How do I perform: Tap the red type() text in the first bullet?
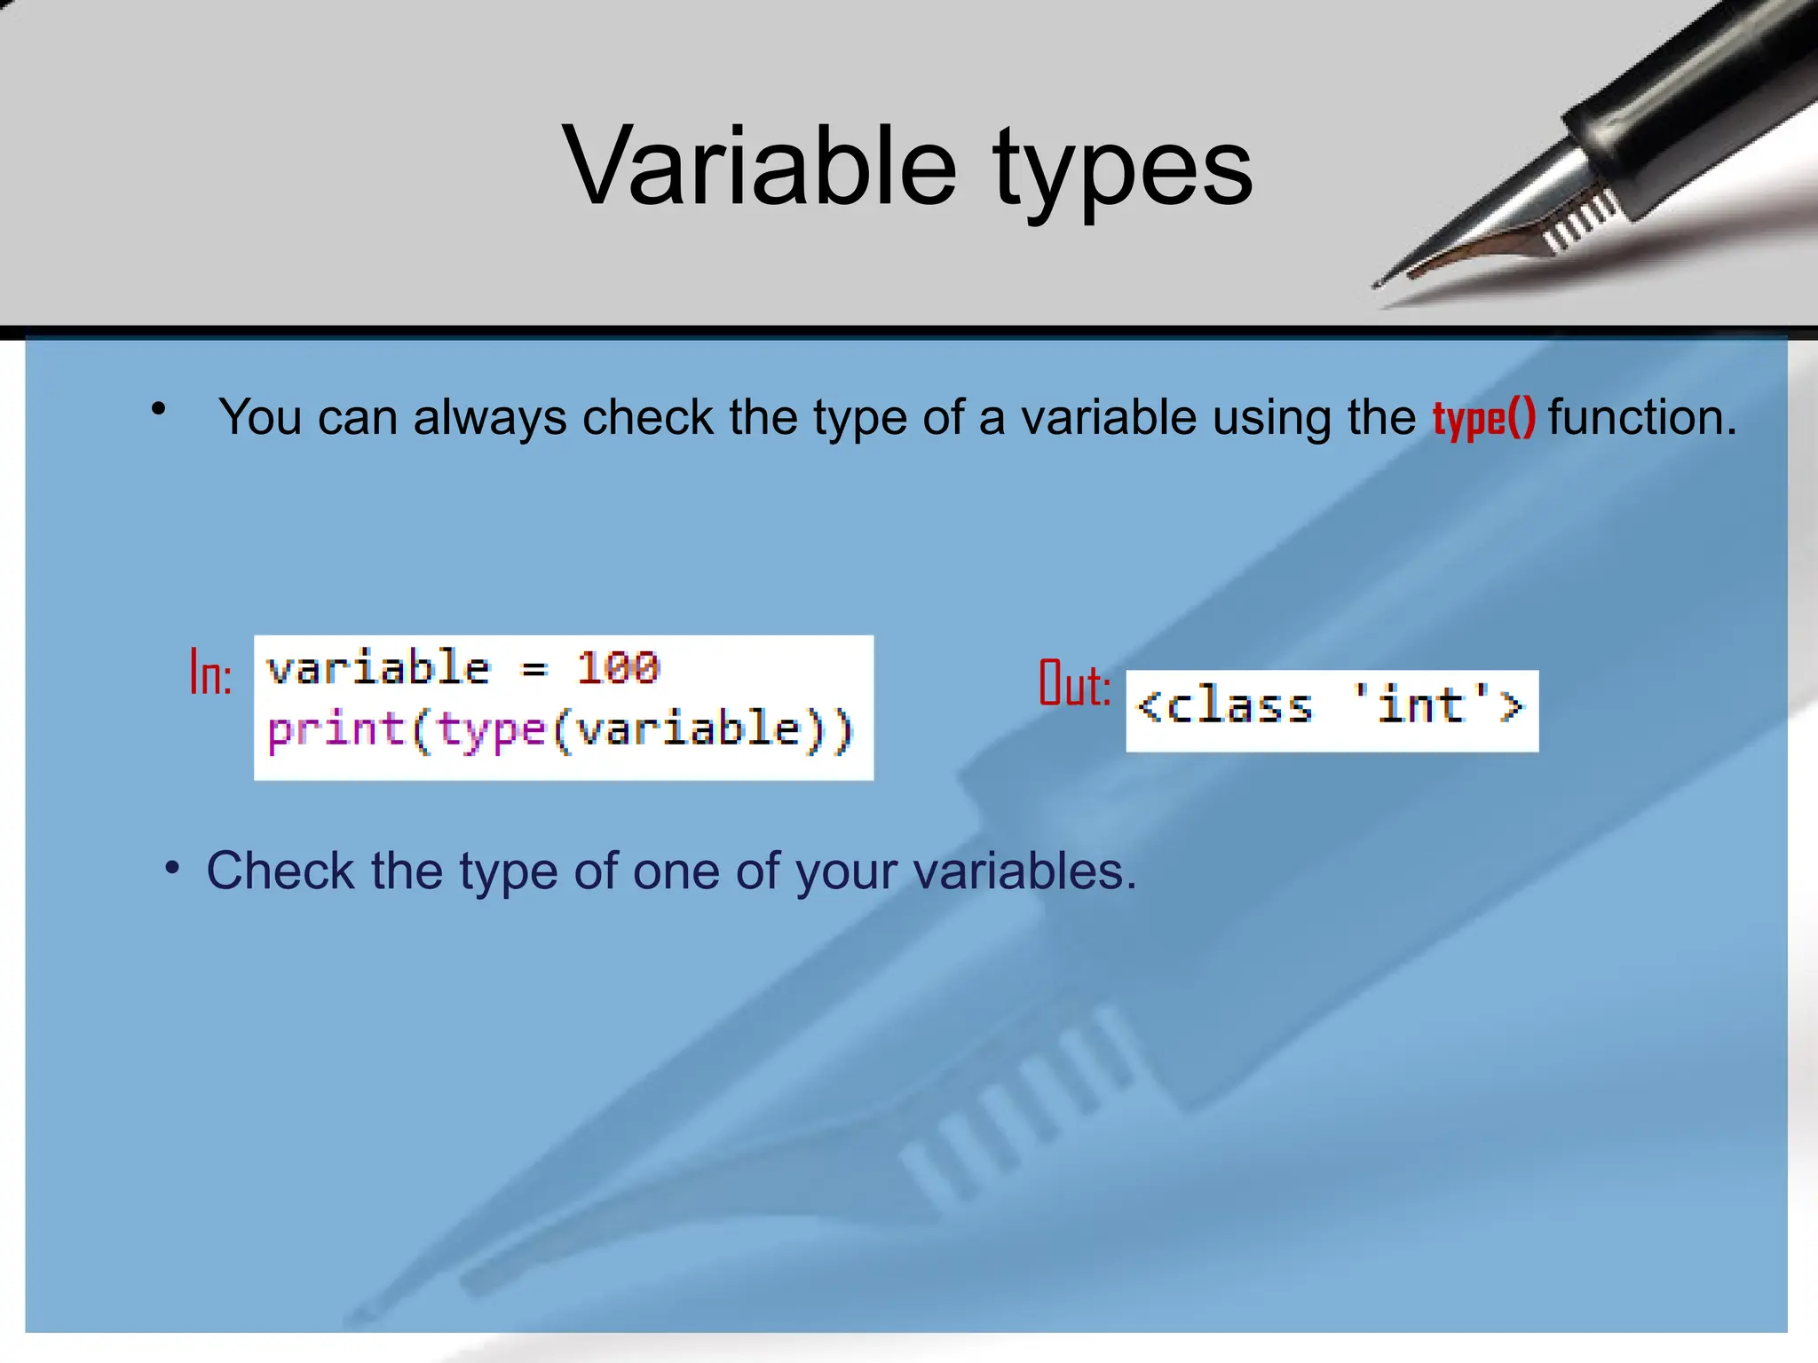click(1483, 418)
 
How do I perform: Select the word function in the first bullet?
click(1641, 417)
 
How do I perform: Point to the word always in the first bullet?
click(489, 417)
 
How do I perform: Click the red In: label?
click(211, 674)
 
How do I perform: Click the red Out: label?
click(1074, 684)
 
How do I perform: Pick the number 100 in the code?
click(618, 667)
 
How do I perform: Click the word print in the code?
click(336, 730)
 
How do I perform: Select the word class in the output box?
click(1239, 707)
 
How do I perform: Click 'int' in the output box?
click(1420, 705)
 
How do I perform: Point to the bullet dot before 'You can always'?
click(159, 409)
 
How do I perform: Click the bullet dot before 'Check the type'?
click(172, 868)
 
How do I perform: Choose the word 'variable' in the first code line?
click(378, 668)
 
